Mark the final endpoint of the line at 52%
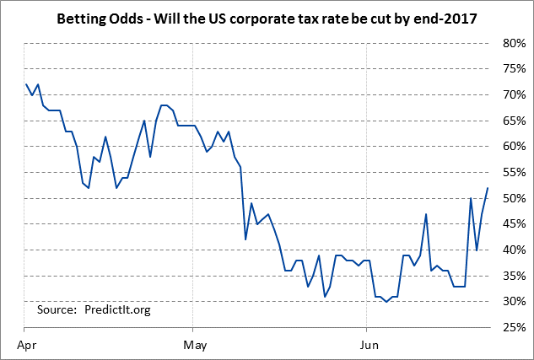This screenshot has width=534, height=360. pos(488,188)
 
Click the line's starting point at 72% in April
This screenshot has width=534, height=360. pos(27,84)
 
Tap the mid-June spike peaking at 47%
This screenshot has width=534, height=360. pos(426,214)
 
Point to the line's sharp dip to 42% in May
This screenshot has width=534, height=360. pos(245,239)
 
